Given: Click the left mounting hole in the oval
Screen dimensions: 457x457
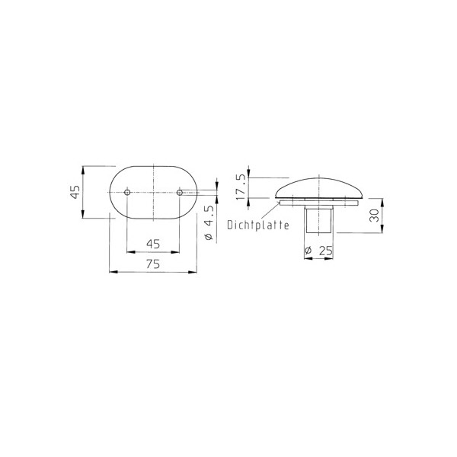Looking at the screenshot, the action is pyautogui.click(x=127, y=193).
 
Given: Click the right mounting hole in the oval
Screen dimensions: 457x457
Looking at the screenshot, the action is pyautogui.click(x=180, y=193).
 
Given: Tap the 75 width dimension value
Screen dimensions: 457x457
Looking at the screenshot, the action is pyautogui.click(x=153, y=264).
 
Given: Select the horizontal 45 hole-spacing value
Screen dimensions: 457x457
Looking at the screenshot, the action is pyautogui.click(x=153, y=244).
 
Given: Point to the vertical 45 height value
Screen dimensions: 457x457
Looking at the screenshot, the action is pyautogui.click(x=75, y=192).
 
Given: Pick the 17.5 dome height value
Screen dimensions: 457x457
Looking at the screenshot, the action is pyautogui.click(x=241, y=187).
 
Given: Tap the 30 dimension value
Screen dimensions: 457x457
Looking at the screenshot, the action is pyautogui.click(x=374, y=216).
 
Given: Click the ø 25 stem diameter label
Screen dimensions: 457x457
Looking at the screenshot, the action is pyautogui.click(x=318, y=251).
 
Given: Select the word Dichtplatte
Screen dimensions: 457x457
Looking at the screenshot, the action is pyautogui.click(x=258, y=225).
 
